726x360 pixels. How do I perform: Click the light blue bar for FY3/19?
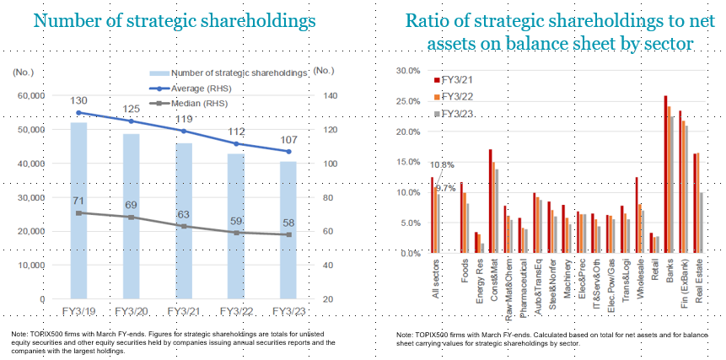pos(78,211)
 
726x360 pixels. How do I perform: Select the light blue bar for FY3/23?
pos(288,230)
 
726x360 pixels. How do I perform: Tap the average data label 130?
pos(78,100)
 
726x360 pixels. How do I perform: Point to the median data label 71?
pos(78,201)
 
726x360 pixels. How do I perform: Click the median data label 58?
pos(288,222)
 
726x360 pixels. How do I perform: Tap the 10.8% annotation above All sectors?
pos(443,165)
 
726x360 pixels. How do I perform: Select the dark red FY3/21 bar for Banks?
pos(665,174)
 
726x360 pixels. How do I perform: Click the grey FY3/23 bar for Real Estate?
pos(702,223)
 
